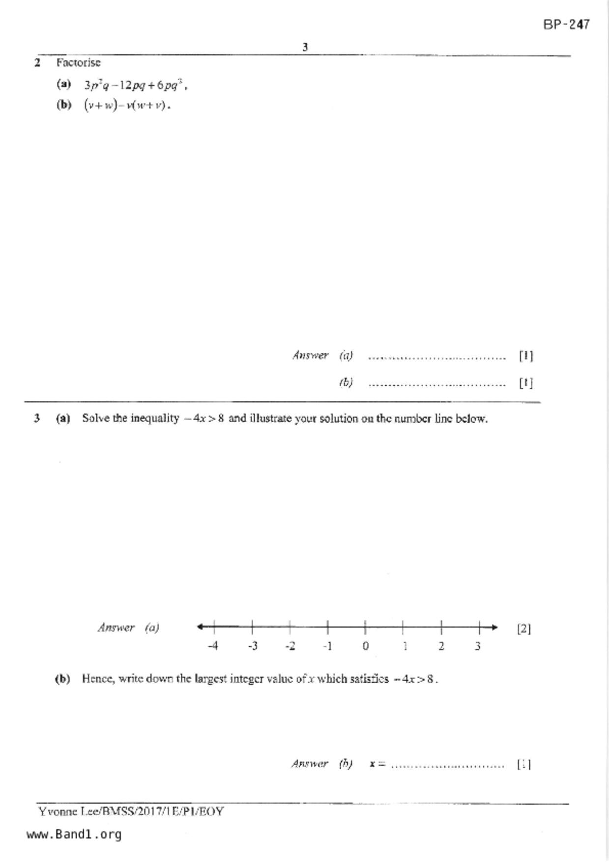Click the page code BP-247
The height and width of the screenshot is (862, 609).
tap(566, 24)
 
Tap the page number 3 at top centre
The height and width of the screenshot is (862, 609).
tap(305, 47)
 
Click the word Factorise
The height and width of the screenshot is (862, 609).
tap(78, 63)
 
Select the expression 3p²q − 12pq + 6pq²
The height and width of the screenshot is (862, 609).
tap(135, 85)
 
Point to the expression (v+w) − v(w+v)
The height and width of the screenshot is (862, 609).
tap(127, 105)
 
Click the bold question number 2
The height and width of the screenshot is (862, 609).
tap(37, 63)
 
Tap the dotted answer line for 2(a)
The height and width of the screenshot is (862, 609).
tap(436, 357)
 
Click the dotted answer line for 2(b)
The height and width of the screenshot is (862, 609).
tap(436, 384)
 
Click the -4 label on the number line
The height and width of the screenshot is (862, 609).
tap(213, 646)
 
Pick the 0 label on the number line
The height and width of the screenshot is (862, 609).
tap(365, 646)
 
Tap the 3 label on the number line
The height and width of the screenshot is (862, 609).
tap(477, 646)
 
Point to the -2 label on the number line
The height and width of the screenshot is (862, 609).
tap(290, 646)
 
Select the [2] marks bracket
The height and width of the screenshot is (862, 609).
tap(523, 629)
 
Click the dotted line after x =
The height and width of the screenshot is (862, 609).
tap(447, 765)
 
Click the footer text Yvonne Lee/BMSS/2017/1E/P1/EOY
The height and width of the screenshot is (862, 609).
tap(131, 811)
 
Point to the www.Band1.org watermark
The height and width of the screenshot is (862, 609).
tap(74, 834)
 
